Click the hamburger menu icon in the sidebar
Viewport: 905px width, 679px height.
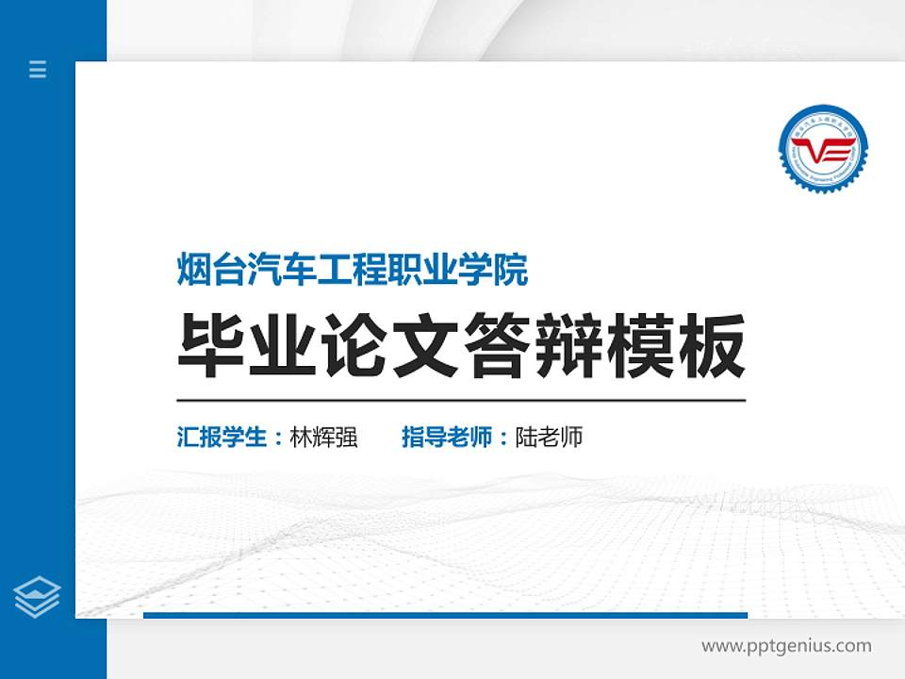click(x=38, y=69)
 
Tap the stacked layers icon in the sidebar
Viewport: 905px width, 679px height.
click(x=38, y=597)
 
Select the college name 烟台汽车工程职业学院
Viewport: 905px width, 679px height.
click(x=353, y=271)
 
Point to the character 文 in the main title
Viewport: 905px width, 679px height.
click(x=427, y=346)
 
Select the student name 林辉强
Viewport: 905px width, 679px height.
click(x=324, y=438)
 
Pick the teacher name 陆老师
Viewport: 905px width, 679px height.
click(x=549, y=438)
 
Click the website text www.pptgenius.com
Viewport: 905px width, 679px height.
click(x=786, y=646)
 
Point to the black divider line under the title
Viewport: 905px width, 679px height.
click(x=461, y=400)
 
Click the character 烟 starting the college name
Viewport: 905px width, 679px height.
click(x=193, y=271)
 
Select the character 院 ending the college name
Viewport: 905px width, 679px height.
click(x=512, y=271)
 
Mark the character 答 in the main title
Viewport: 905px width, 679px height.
click(x=498, y=346)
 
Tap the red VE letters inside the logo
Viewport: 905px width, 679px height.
click(x=823, y=148)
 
